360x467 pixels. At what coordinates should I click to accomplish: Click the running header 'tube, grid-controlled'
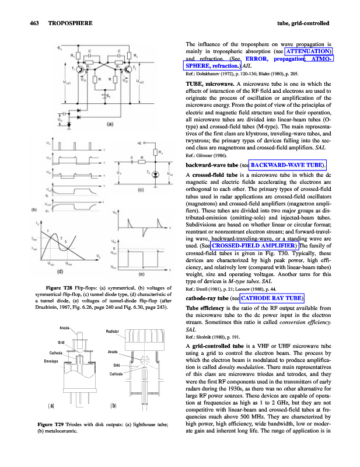302,23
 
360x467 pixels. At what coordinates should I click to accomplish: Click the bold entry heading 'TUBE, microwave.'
210,85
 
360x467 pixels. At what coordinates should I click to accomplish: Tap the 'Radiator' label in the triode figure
113,331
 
